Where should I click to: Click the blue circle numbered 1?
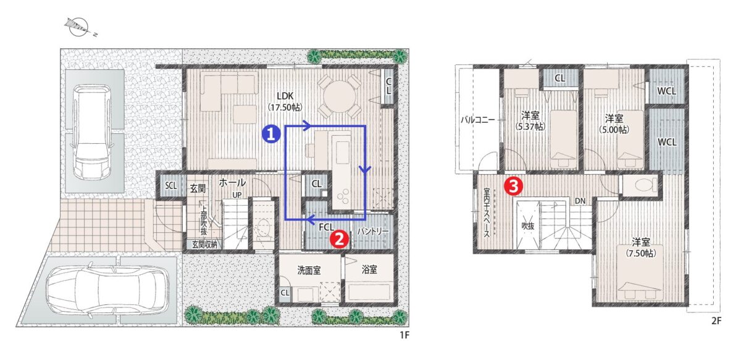coord(272,132)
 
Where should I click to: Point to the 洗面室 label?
coord(309,270)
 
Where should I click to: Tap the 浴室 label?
coord(369,270)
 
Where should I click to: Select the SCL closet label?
coord(170,185)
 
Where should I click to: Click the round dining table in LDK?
coord(337,96)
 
